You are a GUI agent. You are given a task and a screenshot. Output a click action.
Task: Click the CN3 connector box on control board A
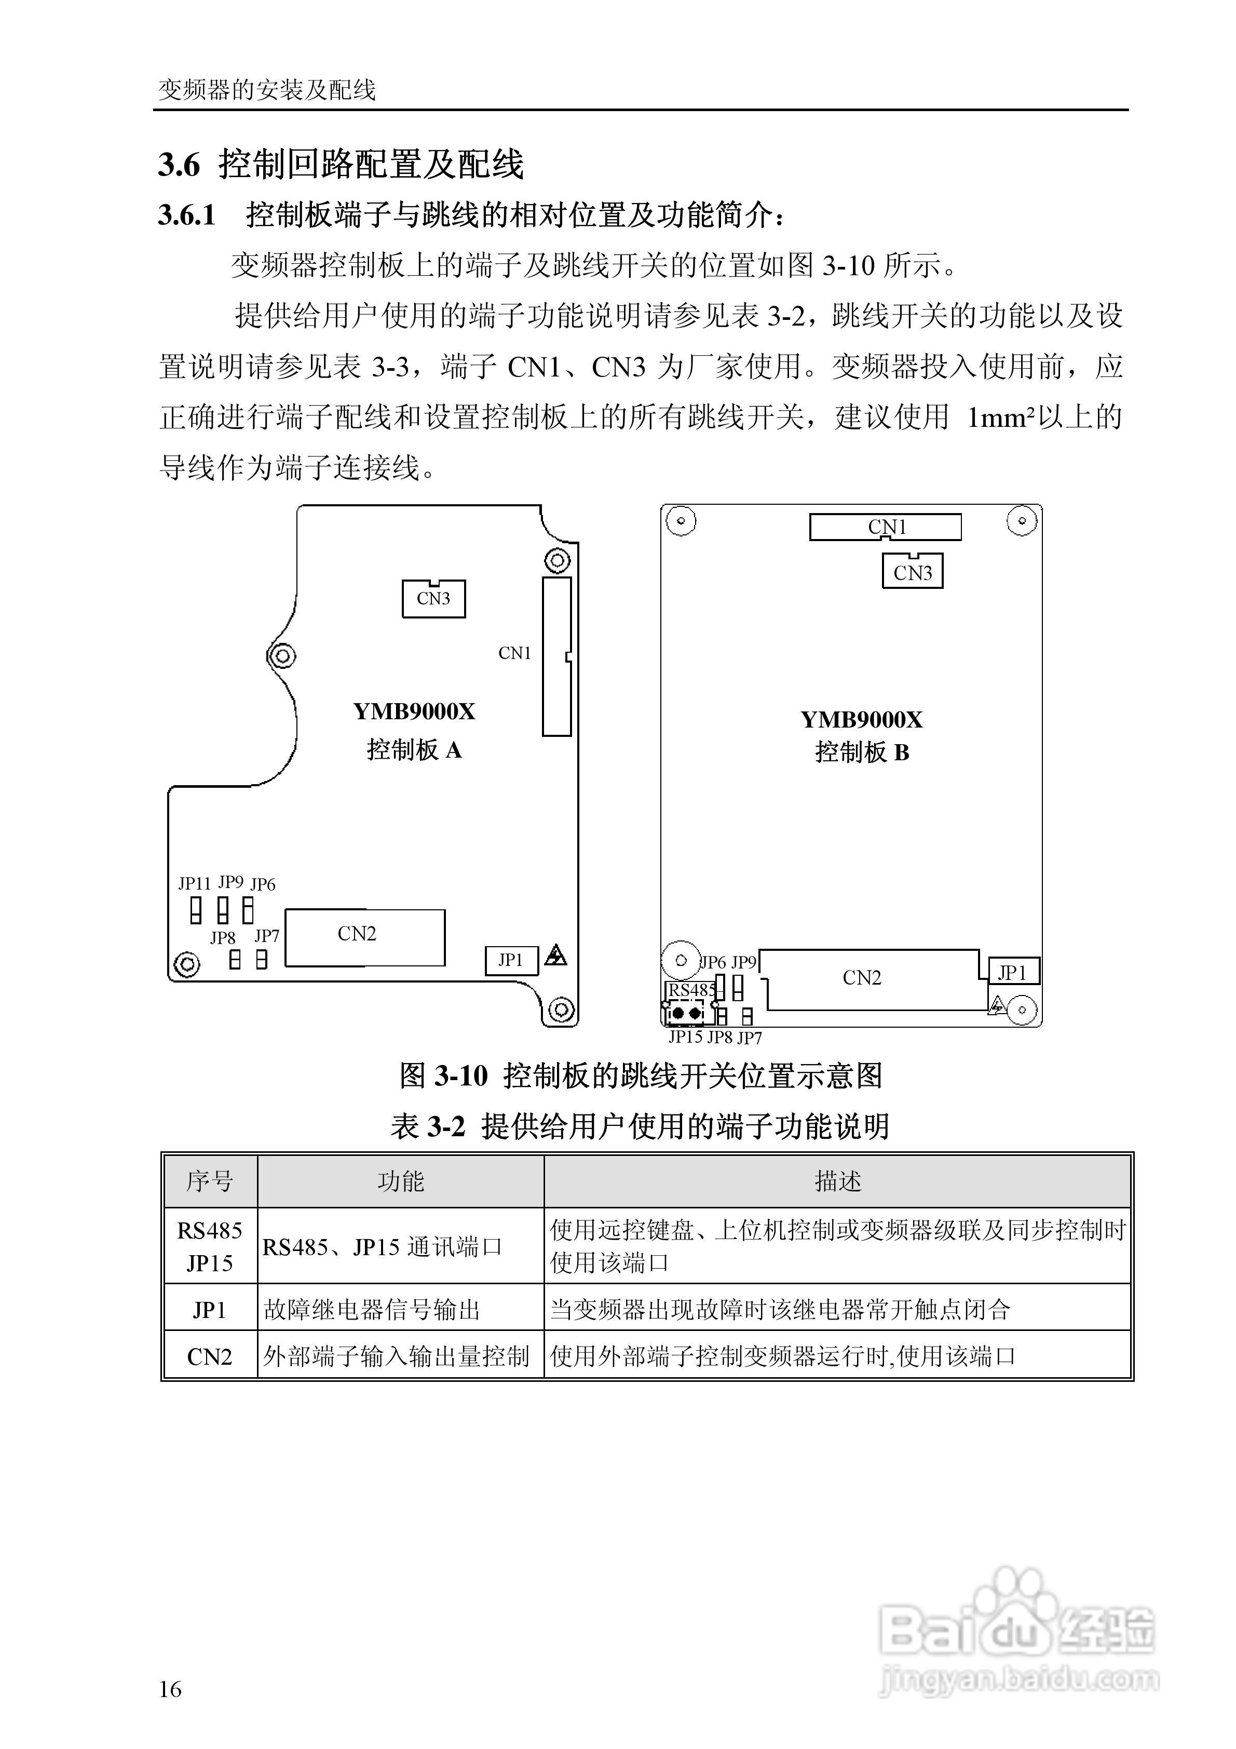point(433,599)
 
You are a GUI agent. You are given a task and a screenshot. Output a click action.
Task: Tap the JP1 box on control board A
point(511,961)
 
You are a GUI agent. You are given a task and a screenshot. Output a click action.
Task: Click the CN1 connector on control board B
point(885,527)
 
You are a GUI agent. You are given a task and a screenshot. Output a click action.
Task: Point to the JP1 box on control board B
point(1013,972)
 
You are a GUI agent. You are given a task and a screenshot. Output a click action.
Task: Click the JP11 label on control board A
point(194,884)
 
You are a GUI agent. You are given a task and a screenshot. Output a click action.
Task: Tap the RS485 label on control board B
point(691,990)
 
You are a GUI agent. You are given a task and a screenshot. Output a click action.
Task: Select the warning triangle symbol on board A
point(556,955)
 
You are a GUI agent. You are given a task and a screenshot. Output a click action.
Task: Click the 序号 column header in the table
point(209,1181)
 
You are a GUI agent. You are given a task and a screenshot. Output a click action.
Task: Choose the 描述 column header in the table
point(838,1181)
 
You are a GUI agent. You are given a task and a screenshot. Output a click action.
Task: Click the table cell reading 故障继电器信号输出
point(372,1310)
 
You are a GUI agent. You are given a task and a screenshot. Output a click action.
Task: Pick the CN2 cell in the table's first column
point(209,1357)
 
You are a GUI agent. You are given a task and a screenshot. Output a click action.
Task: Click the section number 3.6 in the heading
point(179,165)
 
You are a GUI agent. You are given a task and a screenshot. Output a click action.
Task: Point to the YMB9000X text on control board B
point(861,720)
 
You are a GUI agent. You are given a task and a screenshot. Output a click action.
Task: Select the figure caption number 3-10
point(461,1075)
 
